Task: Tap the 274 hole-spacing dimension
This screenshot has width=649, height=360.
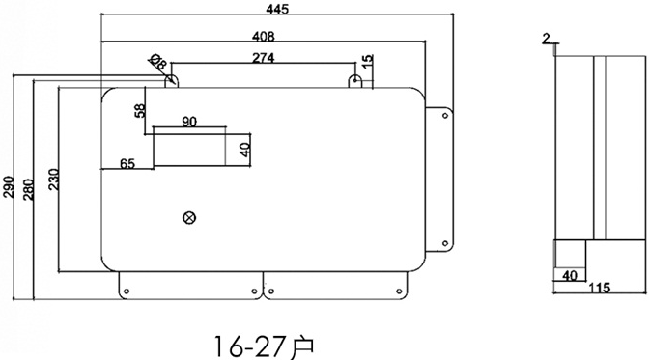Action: [263, 58]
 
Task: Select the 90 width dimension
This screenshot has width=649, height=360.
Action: [189, 122]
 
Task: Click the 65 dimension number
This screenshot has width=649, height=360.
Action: [127, 164]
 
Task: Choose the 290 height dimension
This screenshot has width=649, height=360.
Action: [9, 185]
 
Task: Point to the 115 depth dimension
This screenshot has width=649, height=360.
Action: [600, 289]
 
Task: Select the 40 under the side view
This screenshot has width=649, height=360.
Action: [569, 275]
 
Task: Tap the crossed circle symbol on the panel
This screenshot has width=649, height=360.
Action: [189, 218]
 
